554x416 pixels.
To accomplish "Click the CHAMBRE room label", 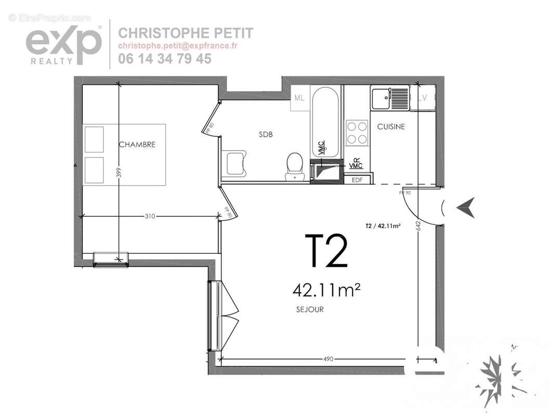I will click(137, 145).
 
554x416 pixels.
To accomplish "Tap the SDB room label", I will click(266, 134).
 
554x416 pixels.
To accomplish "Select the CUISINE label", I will click(391, 126).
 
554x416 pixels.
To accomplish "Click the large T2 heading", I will click(326, 251).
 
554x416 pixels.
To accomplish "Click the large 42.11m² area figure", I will click(326, 289).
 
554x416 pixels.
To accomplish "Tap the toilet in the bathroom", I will click(295, 165).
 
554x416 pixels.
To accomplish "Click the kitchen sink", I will click(389, 98).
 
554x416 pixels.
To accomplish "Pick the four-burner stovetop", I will click(357, 132).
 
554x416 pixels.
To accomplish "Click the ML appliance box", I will click(299, 98).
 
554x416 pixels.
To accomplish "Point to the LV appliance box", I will click(422, 98).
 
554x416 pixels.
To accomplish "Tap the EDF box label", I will click(357, 179).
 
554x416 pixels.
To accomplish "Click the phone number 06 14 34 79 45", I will click(165, 59).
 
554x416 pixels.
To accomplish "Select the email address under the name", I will click(178, 46).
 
